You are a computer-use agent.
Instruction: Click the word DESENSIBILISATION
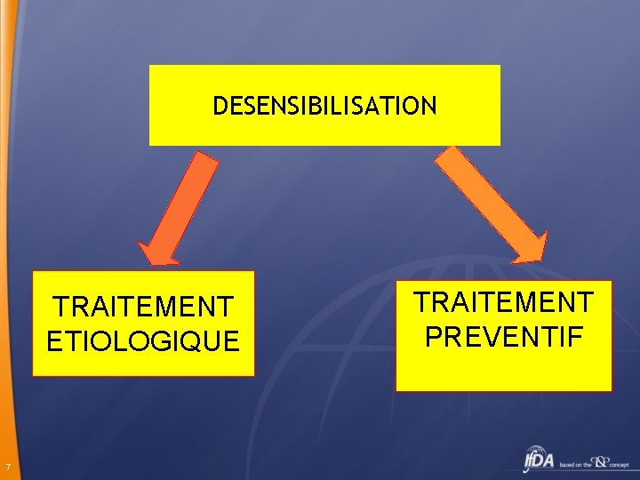click(324, 107)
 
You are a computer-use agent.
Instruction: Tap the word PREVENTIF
click(503, 336)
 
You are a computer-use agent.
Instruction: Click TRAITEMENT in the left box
click(143, 307)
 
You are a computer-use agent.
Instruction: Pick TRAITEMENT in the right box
click(503, 302)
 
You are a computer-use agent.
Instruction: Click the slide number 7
click(6, 468)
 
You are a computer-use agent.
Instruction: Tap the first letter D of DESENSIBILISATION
click(220, 107)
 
